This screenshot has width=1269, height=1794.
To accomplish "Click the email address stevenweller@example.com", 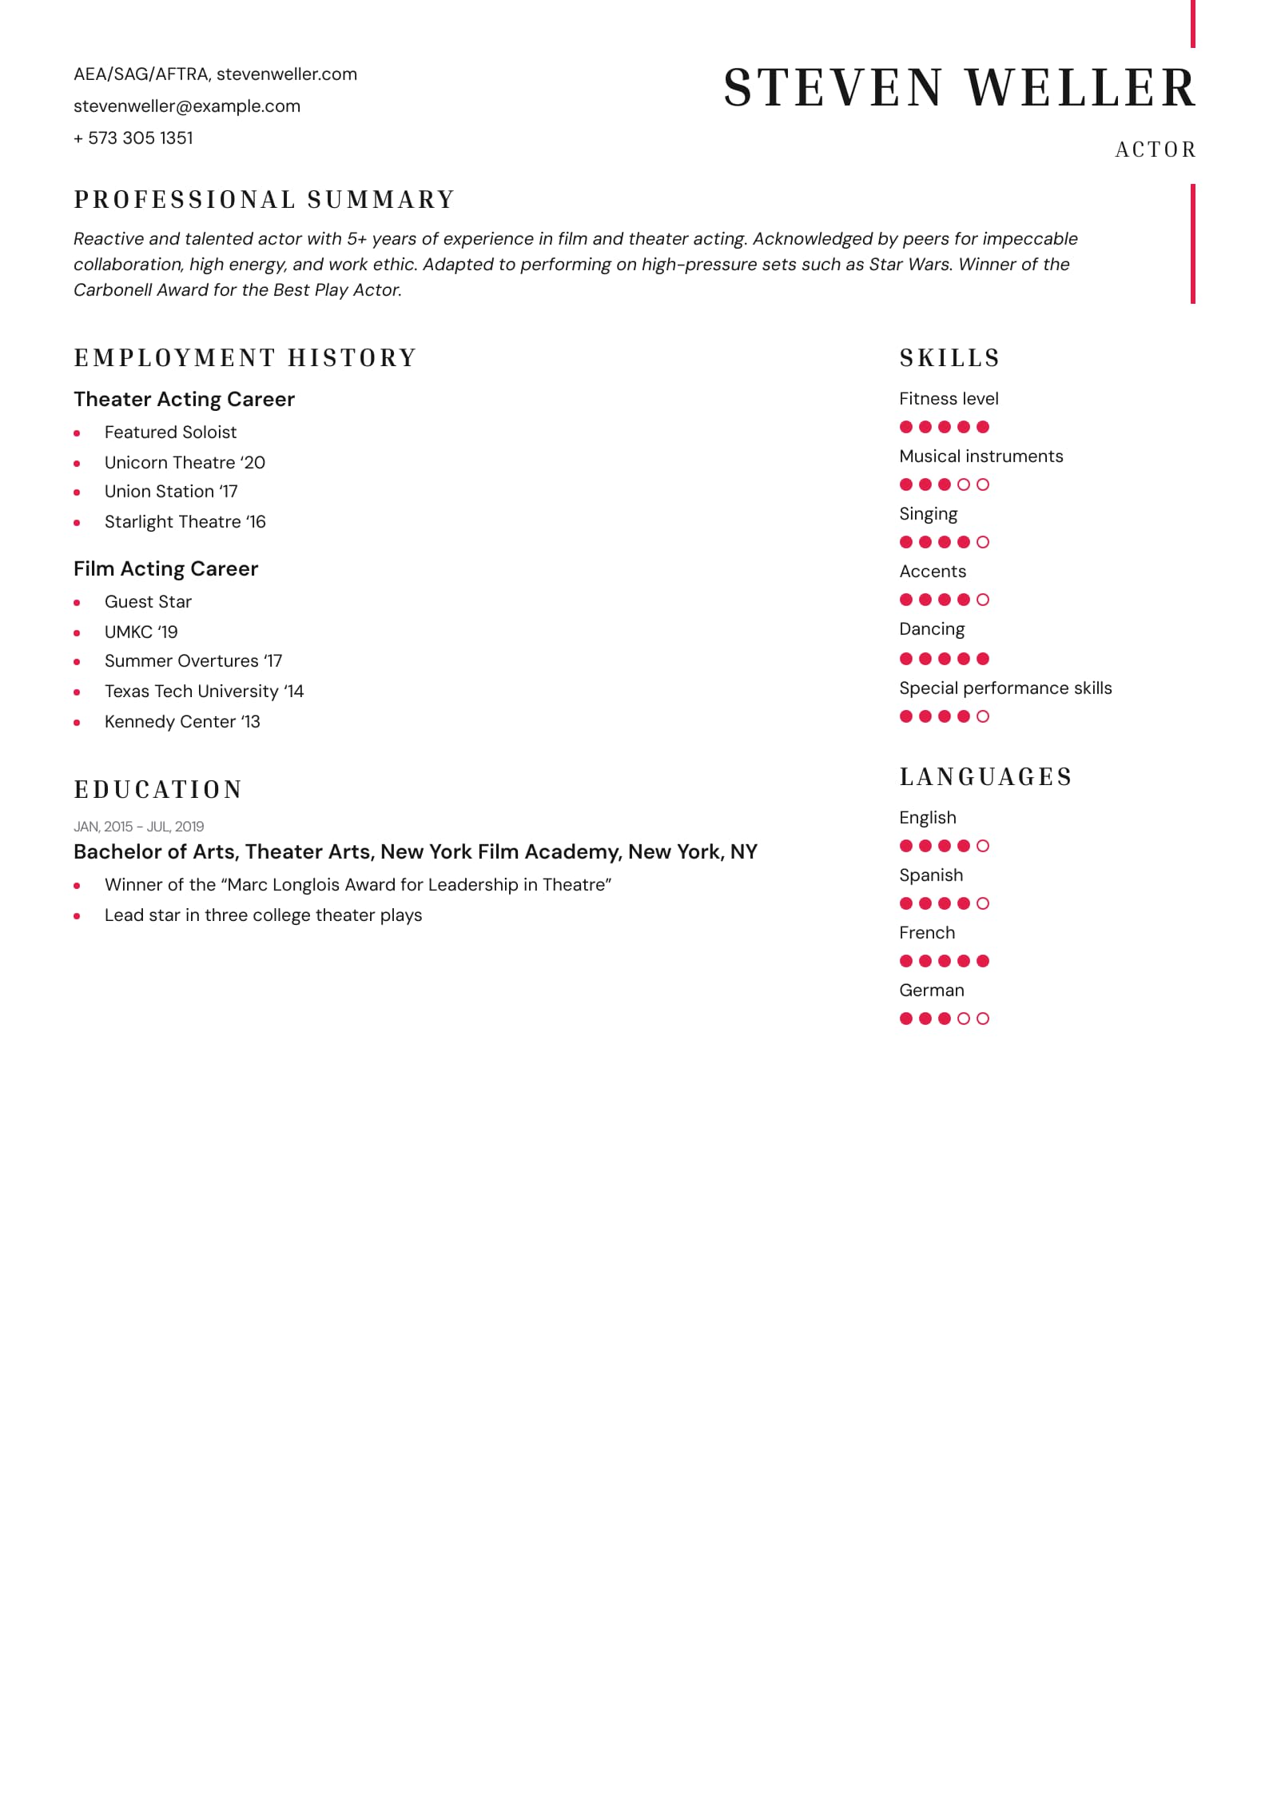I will (187, 106).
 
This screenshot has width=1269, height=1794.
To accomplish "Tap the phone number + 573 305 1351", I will (133, 138).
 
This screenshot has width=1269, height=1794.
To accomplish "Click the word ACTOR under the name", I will (1155, 149).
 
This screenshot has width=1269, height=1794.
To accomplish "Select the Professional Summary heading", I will (265, 200).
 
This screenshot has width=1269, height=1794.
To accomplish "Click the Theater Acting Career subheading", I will (184, 399).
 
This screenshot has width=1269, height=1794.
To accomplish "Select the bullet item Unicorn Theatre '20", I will (185, 462).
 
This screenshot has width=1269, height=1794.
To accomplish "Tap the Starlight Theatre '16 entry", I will (185, 522).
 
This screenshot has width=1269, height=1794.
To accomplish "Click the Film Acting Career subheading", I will (165, 568).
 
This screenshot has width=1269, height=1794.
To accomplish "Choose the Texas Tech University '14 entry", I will (204, 692).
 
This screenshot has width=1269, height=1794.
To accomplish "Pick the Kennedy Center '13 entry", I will (182, 722).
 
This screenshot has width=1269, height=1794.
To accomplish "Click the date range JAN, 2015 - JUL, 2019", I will (138, 827).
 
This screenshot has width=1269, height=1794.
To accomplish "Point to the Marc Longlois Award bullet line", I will (357, 885).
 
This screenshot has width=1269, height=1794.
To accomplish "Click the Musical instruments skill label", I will (981, 456).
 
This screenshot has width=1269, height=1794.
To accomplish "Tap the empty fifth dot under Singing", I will (983, 542).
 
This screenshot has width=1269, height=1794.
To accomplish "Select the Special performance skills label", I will (1004, 688).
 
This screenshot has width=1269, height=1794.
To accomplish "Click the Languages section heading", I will (985, 777).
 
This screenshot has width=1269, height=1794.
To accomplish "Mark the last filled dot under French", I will (983, 961).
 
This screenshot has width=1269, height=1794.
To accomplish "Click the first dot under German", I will (906, 1019).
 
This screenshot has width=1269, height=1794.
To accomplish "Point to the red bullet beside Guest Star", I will (77, 603).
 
